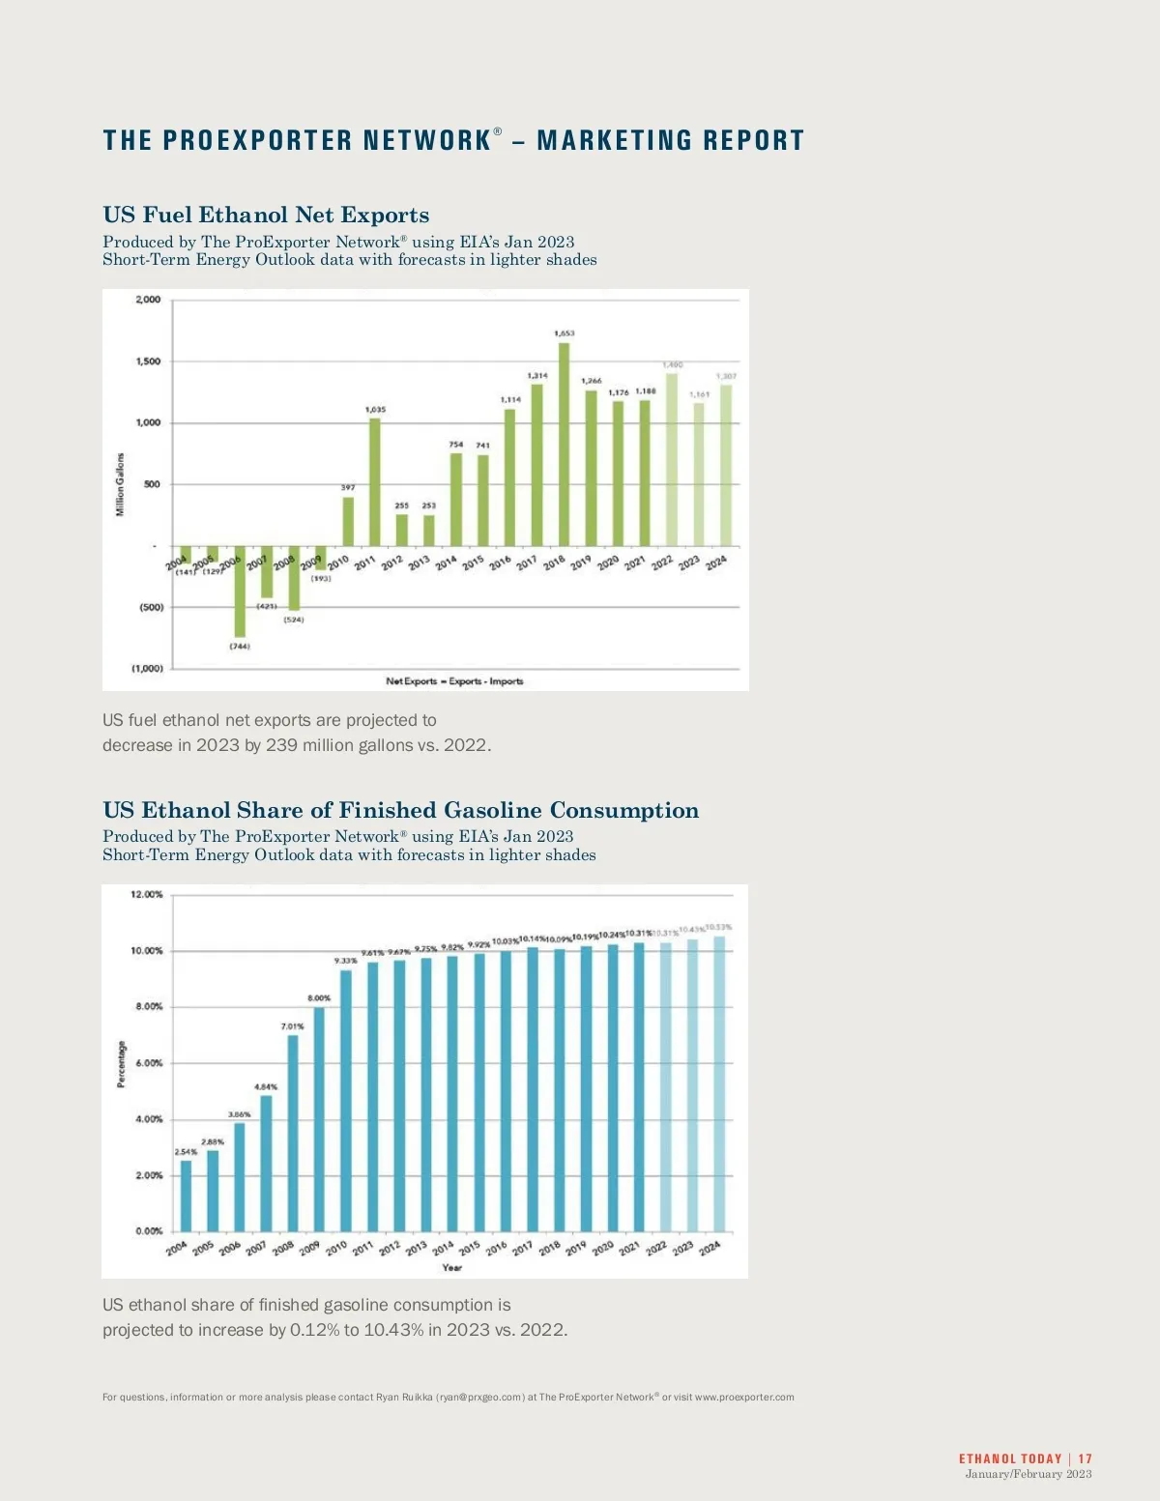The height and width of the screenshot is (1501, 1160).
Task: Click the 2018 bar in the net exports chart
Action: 564,445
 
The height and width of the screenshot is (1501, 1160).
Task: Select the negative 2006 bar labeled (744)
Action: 240,592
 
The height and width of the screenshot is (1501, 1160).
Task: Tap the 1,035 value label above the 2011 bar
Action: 375,410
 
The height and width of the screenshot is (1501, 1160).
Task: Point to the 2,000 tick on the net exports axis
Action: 148,300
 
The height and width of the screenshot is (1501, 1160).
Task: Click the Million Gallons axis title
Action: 121,484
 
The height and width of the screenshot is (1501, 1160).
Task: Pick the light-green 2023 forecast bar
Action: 698,474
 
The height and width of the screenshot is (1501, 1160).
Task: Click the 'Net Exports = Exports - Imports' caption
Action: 454,681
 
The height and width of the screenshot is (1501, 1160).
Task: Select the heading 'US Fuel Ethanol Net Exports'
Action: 266,215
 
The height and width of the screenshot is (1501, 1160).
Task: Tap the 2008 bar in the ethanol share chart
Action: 293,1133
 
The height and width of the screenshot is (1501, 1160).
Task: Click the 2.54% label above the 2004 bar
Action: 186,1152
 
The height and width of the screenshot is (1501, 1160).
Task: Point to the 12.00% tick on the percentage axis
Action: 147,895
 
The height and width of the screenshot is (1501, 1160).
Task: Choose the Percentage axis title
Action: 121,1064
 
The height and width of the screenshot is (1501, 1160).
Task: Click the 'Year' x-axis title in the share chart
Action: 451,1267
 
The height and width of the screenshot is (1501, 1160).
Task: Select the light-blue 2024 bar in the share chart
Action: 719,1083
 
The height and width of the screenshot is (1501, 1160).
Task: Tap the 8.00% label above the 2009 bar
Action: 319,998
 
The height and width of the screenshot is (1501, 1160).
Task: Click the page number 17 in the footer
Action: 1086,1458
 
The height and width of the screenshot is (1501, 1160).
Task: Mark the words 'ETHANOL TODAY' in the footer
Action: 1010,1458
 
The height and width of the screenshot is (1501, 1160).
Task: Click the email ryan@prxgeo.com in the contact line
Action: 480,1397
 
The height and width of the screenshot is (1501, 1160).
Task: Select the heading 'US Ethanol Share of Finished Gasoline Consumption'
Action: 400,810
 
